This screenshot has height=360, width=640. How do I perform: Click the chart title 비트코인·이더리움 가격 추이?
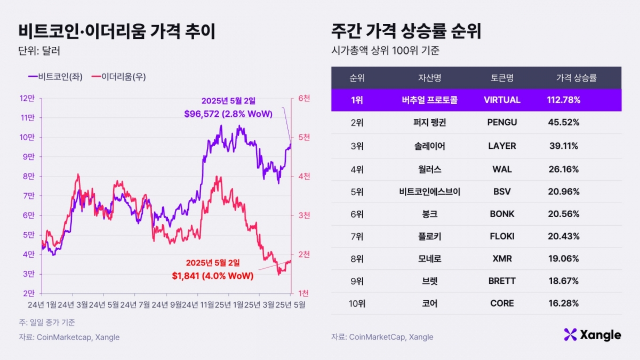117,32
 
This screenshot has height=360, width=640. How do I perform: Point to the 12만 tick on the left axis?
27,98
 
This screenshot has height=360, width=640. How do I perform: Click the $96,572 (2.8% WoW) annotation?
228,114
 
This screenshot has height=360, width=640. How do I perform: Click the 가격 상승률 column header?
576,78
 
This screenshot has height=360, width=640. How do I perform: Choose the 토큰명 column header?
502,78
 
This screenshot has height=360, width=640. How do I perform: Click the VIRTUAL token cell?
502,100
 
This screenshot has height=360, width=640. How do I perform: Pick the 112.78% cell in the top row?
563,100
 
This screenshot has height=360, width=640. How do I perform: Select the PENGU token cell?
502,123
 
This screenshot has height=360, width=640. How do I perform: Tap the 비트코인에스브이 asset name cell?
429,191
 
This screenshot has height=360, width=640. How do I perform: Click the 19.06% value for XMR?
563,259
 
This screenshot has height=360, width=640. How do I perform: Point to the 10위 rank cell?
357,303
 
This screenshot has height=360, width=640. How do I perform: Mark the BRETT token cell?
502,281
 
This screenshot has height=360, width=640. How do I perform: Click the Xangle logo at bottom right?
592,335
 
